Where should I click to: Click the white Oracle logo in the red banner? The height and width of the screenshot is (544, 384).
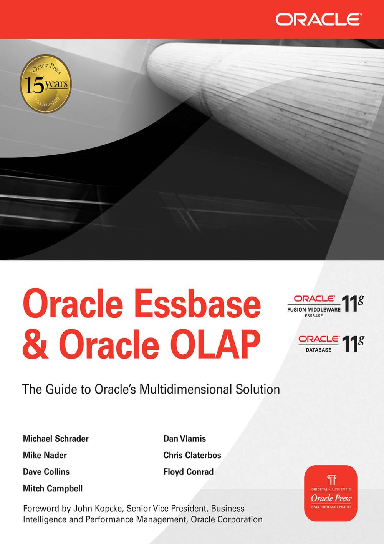318,19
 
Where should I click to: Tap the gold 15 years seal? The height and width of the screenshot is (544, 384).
46,83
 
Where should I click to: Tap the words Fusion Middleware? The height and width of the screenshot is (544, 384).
314,310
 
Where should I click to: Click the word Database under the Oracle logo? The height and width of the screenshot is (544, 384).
318,350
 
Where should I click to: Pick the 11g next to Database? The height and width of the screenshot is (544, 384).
353,344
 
